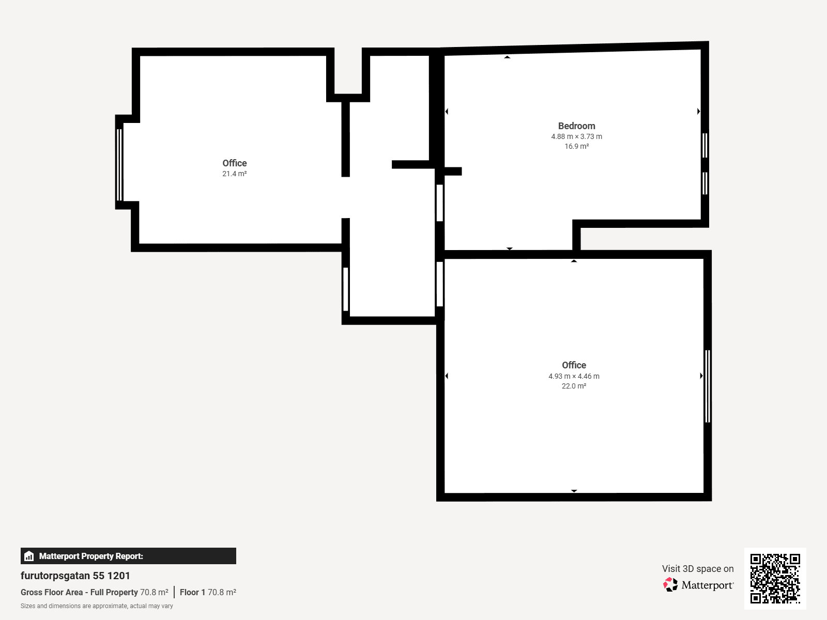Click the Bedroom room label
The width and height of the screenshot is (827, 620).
(576, 126)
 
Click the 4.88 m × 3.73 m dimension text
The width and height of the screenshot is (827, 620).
(576, 137)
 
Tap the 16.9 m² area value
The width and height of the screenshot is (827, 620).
(576, 147)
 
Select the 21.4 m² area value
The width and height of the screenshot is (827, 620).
(234, 174)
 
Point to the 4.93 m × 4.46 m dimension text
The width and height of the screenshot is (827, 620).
(574, 377)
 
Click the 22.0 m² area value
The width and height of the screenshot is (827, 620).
(574, 386)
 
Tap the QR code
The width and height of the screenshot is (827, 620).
(775, 578)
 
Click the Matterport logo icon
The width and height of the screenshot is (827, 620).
(670, 585)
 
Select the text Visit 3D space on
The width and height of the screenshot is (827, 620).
(698, 569)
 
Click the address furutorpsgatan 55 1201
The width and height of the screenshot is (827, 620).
(75, 576)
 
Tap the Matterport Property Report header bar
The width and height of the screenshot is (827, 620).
(128, 556)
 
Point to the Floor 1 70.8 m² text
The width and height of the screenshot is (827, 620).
(208, 593)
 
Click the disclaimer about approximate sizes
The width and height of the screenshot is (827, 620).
(97, 606)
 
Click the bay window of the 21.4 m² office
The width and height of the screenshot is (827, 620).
(119, 164)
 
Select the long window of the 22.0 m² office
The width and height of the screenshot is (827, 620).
(708, 386)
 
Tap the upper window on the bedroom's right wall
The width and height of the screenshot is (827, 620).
(705, 145)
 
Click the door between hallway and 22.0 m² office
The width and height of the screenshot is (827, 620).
(440, 284)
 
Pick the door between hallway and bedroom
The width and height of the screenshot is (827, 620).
(440, 203)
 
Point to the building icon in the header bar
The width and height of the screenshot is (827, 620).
(29, 556)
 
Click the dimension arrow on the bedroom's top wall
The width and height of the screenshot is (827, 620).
(507, 57)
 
